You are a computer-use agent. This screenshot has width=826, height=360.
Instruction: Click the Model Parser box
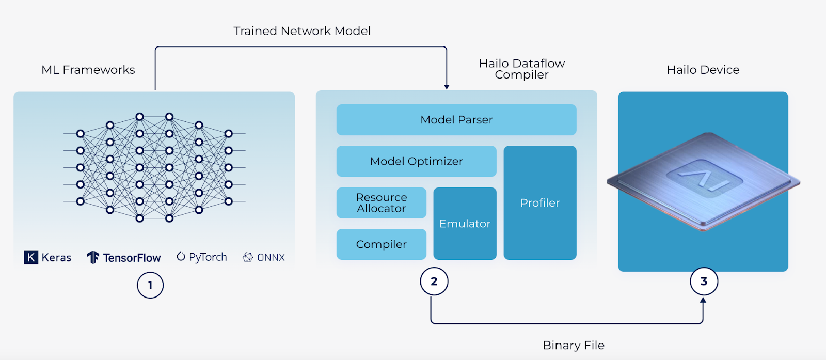pyautogui.click(x=456, y=120)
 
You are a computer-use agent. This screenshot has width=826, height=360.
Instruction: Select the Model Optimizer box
pyautogui.click(x=416, y=161)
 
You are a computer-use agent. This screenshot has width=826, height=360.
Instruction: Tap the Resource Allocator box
pyautogui.click(x=382, y=203)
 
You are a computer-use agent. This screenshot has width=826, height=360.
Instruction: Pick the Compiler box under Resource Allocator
pyautogui.click(x=382, y=244)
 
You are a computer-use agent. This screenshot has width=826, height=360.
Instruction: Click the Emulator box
pyautogui.click(x=465, y=224)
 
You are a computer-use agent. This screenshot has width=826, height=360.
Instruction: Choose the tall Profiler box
pyautogui.click(x=540, y=203)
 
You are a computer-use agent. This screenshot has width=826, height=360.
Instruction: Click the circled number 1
pyautogui.click(x=150, y=285)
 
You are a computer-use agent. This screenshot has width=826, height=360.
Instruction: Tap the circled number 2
pyautogui.click(x=434, y=281)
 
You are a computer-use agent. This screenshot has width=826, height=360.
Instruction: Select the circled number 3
pyautogui.click(x=704, y=281)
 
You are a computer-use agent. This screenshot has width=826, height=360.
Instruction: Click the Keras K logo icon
pyautogui.click(x=31, y=257)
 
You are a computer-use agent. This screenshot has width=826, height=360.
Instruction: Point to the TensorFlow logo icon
pyautogui.click(x=93, y=257)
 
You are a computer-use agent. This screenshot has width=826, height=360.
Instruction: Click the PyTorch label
pyautogui.click(x=208, y=257)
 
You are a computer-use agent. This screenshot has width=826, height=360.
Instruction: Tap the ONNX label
pyautogui.click(x=271, y=258)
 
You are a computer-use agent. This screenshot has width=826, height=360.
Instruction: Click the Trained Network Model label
pyautogui.click(x=302, y=31)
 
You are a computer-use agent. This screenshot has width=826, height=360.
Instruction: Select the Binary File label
pyautogui.click(x=573, y=346)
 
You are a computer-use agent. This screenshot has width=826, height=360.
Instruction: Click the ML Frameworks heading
pyautogui.click(x=88, y=70)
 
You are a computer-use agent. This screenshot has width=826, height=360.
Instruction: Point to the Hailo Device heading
pyautogui.click(x=703, y=70)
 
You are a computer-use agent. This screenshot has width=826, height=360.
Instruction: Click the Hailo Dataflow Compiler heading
pyautogui.click(x=522, y=69)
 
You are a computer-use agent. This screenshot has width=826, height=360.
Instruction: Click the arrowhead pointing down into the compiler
pyautogui.click(x=447, y=87)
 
